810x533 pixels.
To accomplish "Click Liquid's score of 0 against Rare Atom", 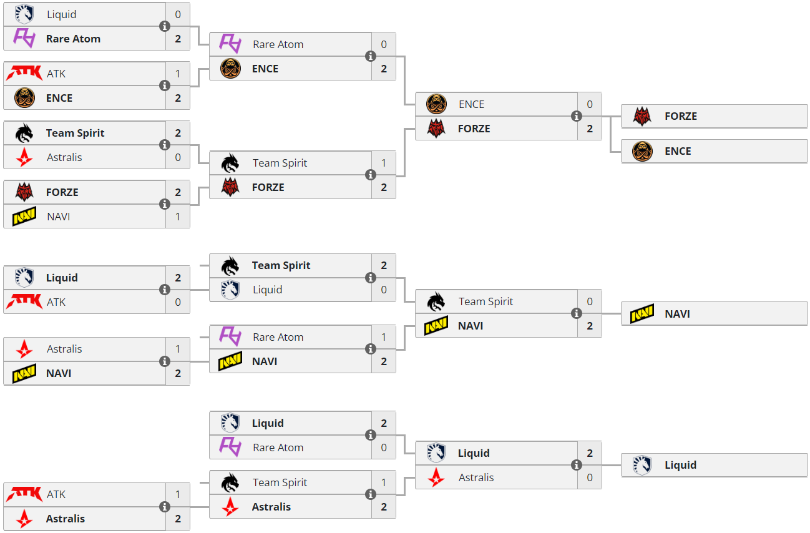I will (178, 14).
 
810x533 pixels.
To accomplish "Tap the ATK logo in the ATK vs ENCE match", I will (24, 74).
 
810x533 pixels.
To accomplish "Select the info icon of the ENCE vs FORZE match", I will (576, 116).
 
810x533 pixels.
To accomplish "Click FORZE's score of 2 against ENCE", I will (590, 129).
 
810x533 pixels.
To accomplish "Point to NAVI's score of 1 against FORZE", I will (178, 217).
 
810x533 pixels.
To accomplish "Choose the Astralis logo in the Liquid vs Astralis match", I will (436, 477).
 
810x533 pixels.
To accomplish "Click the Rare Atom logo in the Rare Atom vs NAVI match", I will (230, 337).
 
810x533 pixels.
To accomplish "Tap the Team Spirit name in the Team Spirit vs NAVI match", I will (486, 301).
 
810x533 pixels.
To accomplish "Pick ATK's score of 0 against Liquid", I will (178, 302).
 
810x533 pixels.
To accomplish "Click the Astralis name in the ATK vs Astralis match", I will (66, 519).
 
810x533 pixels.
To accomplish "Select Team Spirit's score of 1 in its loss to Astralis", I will (384, 482).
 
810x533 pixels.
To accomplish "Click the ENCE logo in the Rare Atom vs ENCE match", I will (230, 69).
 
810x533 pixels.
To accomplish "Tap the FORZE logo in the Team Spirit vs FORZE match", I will (230, 187).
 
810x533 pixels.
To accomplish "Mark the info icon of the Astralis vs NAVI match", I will (165, 361).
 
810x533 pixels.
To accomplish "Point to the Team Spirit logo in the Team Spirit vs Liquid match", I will (230, 266).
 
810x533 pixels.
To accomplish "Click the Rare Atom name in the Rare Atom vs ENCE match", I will (278, 44).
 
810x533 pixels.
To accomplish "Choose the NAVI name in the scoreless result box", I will (677, 314).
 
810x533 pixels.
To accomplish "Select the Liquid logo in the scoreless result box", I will (642, 465).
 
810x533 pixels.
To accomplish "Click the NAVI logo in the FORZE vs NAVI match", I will (24, 217).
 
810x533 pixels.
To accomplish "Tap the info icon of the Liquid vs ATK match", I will (165, 290).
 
